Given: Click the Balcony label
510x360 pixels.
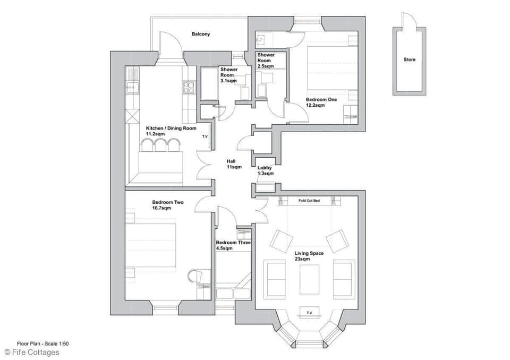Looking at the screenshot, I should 201,34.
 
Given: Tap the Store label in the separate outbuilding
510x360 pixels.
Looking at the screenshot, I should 409,59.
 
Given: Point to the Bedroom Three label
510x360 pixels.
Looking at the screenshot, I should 233,243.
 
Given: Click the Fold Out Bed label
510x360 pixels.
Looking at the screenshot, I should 309,201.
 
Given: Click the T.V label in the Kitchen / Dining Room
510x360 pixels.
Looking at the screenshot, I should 205,137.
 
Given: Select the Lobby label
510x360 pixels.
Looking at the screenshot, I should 265,168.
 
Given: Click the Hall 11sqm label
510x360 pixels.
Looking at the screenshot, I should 234,164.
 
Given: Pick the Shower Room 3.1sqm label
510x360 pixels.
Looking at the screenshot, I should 228,72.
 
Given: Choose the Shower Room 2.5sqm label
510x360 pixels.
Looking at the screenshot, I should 266,58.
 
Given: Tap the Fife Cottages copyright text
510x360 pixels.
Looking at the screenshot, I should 32,352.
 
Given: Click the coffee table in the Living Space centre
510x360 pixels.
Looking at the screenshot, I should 309,279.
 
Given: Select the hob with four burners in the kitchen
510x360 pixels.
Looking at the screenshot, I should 189,87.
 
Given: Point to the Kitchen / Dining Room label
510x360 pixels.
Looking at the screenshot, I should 171,128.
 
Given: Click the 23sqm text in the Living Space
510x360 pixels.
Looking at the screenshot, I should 302,259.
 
